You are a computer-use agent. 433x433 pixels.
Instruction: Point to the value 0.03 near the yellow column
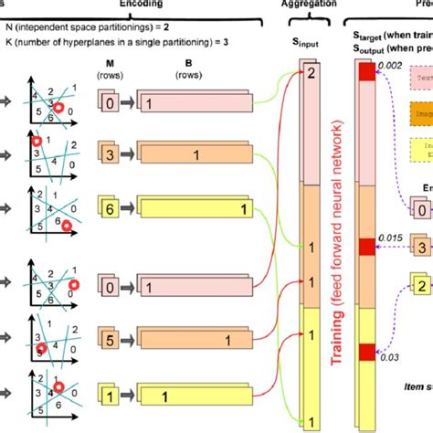(390, 361)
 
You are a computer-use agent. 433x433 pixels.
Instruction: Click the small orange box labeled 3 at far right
(418, 247)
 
